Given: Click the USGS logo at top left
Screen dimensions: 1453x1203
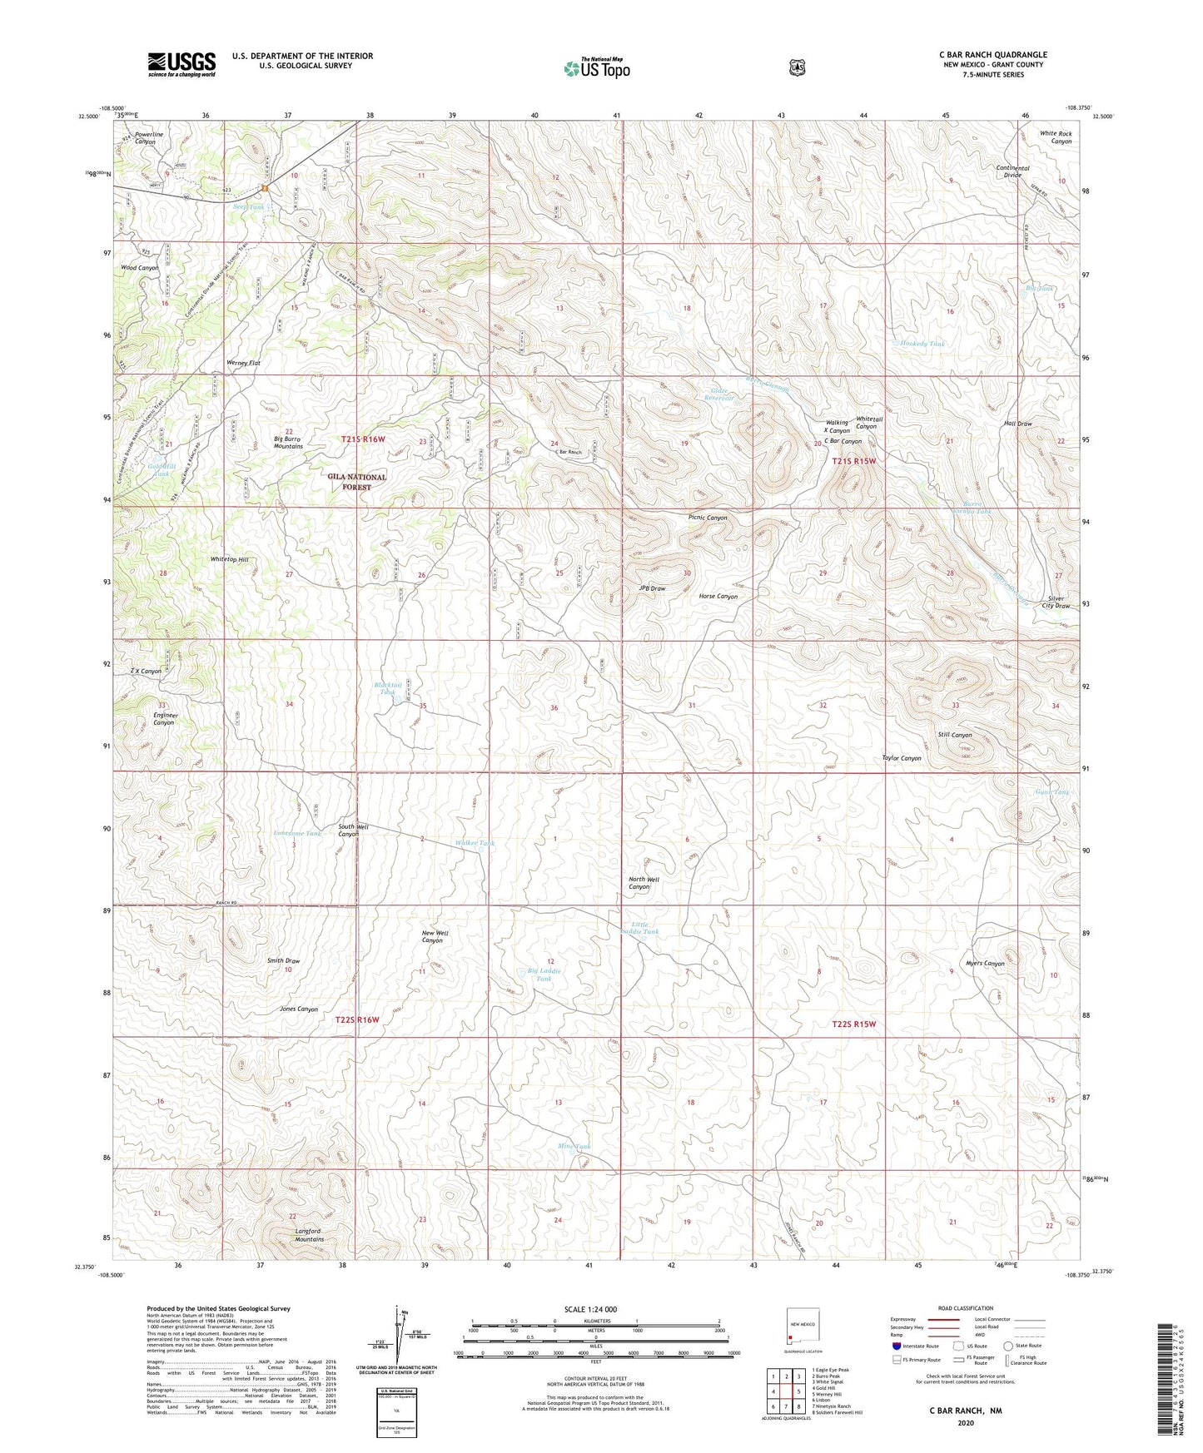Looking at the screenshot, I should click(x=181, y=64).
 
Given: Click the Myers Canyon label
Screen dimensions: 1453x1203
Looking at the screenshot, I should click(x=984, y=964).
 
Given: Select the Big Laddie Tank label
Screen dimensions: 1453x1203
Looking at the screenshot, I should click(x=544, y=974).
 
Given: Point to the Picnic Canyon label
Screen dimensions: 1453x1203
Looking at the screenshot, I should click(x=708, y=518).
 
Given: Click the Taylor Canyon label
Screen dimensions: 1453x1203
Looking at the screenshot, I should click(x=902, y=758).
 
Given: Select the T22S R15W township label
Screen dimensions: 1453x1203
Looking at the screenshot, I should click(x=854, y=1024).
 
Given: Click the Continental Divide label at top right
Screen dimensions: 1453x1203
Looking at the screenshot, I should click(x=1012, y=171).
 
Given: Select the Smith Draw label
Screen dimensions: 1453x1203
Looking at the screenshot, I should click(x=283, y=961).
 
